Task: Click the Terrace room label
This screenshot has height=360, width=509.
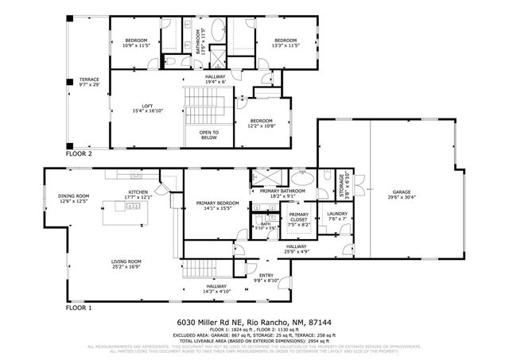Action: pos(88,82)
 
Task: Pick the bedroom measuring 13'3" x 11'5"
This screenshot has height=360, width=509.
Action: pos(286,43)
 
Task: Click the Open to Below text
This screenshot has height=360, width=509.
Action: pos(209,134)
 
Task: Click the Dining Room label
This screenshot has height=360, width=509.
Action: pos(73,199)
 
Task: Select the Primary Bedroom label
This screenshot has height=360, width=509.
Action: pos(213,206)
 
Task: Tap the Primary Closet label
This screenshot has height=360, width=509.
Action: pos(299,219)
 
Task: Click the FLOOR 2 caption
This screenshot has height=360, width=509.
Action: pos(79,154)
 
